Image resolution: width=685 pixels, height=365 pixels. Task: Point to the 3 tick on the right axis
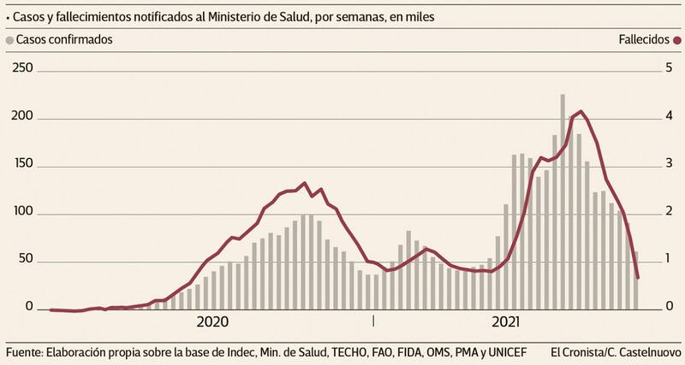click(669, 164)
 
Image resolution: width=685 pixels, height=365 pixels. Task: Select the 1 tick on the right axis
click(669, 260)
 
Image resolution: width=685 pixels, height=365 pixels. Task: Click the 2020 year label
click(212, 322)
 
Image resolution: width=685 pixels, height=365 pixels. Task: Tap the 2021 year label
click(507, 322)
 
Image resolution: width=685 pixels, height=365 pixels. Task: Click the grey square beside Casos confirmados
click(9, 39)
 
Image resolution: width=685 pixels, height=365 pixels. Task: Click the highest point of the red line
click(581, 111)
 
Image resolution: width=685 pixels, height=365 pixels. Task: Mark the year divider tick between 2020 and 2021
click(373, 321)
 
